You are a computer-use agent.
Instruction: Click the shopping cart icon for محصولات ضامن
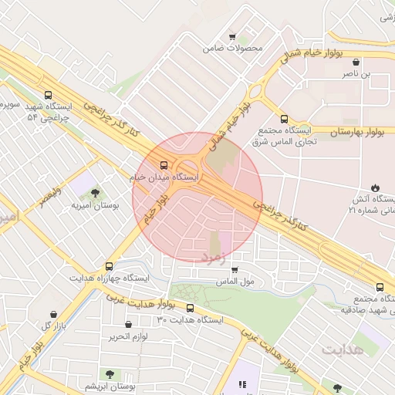232,36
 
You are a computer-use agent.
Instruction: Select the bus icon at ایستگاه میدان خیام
164,165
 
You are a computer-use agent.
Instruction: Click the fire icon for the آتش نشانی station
375,187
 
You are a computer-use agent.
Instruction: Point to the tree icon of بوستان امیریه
95,194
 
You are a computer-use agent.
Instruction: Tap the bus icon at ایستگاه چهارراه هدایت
109,266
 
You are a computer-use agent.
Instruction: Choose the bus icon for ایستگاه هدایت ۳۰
191,309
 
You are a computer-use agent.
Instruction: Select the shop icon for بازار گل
53,315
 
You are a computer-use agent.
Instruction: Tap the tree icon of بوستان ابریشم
110,373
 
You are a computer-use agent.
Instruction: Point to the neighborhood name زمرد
215,256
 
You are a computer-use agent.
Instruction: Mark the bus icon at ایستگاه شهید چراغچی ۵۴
49,95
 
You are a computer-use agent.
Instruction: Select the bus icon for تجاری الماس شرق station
284,120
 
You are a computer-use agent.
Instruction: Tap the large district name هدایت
341,349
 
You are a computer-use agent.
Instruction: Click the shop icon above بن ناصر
355,62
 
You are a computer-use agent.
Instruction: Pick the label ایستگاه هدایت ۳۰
189,319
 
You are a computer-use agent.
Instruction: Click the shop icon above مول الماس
235,270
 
